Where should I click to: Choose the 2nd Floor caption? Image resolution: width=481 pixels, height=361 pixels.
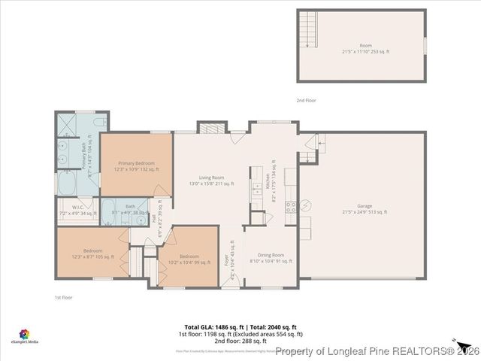[x=306, y=100]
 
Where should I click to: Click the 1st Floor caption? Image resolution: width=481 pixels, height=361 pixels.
[x=64, y=298]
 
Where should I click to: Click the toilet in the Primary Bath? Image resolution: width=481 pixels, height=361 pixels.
[x=100, y=123]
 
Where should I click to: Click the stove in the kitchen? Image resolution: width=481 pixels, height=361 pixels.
[x=307, y=205]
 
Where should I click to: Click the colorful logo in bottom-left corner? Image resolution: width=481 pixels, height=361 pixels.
[x=24, y=333]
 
